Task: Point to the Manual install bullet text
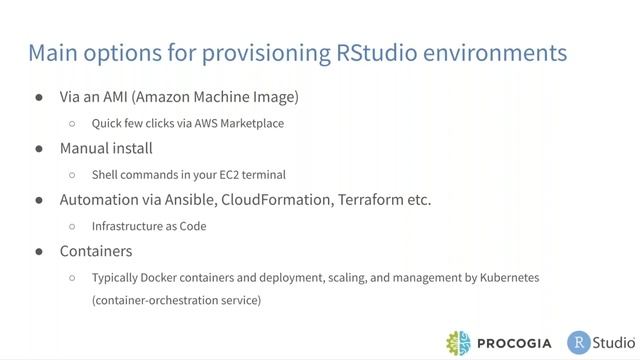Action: tap(106, 148)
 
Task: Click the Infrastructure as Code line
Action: tap(149, 226)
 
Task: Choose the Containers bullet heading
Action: tap(96, 251)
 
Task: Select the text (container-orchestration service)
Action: tap(176, 299)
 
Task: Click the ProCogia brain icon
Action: tap(461, 342)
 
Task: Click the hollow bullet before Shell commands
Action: tap(72, 174)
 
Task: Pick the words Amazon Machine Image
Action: tap(218, 97)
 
